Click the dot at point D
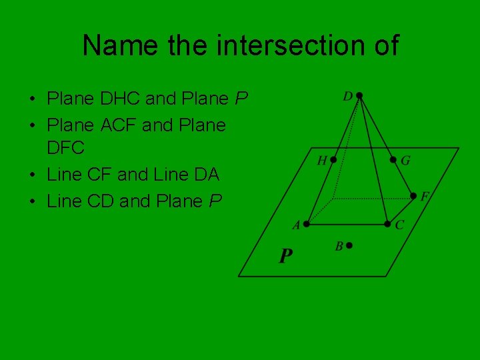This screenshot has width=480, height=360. pos(359,95)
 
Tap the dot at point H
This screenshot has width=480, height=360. pos(333,159)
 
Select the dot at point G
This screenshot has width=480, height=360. pos(393,159)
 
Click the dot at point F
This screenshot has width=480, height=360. pos(413,196)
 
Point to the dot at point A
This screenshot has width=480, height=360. pos(306,224)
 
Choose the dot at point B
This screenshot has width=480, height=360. pos(349,245)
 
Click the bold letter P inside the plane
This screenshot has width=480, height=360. pos(285,256)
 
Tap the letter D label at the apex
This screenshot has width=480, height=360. pos(347,97)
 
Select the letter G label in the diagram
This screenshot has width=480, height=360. pos(405,161)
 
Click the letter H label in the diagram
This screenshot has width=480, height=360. pos(322,161)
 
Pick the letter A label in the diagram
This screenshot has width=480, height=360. pos(295,226)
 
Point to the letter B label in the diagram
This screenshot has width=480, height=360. pos(339,247)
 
